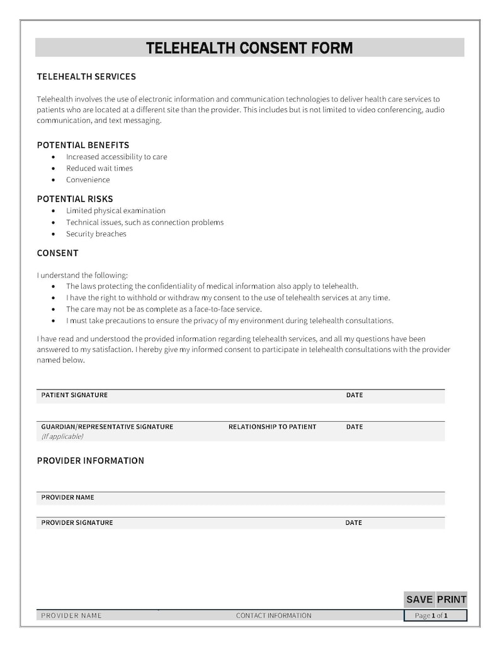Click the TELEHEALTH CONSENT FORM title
(x=249, y=48)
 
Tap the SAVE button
(x=419, y=599)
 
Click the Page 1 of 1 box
(x=435, y=616)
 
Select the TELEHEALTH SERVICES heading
(x=86, y=77)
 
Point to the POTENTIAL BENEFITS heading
(x=83, y=145)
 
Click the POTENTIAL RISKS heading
(x=75, y=199)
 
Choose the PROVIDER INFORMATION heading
(x=90, y=461)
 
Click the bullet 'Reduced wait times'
(x=99, y=169)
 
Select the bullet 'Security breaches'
(x=96, y=234)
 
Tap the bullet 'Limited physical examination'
(x=116, y=211)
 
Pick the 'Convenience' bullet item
(x=88, y=180)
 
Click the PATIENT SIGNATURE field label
(x=74, y=395)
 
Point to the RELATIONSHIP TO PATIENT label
(x=272, y=427)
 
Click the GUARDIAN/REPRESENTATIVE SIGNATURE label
(x=107, y=427)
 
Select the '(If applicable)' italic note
(x=62, y=436)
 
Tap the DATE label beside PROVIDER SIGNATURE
(x=353, y=523)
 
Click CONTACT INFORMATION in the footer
(x=273, y=616)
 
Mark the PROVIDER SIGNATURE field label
(x=77, y=523)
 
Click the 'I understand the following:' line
(x=82, y=275)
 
